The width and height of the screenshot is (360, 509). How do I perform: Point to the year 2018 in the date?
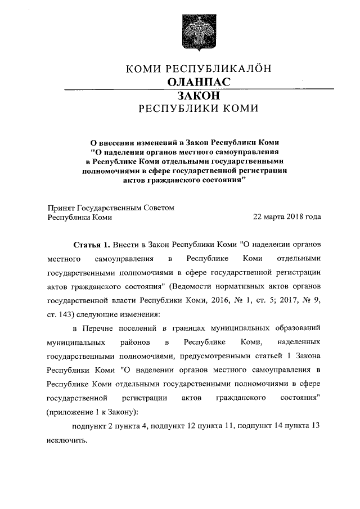(x=293, y=217)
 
